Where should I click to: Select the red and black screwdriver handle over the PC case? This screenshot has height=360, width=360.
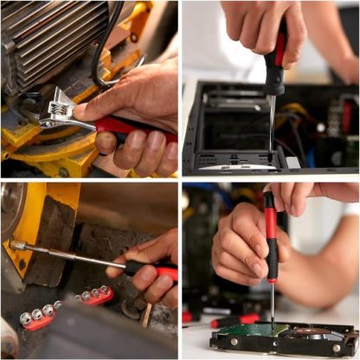[276, 65]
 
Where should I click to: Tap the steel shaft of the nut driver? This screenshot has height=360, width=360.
[69, 257]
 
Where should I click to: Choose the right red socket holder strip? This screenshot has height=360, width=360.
[95, 296]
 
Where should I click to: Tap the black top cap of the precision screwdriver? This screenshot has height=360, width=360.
[269, 198]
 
